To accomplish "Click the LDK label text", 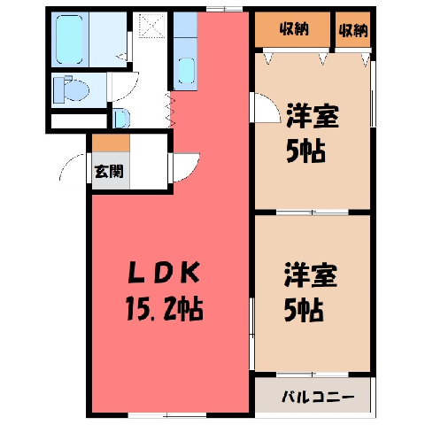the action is pos(163,273).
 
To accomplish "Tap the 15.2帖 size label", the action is pos(164,308).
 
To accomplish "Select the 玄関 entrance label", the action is pos(109,171).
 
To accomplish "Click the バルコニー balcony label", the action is pos(318,397).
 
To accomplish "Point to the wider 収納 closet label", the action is pos(294,29).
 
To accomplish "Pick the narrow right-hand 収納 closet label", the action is pos(353,30).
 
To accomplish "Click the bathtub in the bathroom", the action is pos(69,40).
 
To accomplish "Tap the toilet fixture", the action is pos(71,89).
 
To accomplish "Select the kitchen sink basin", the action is pos(186,71).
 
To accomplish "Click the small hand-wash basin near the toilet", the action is pos(121,118).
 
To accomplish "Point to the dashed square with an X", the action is pos(153,25).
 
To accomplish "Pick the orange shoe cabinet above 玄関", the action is pos(111,143).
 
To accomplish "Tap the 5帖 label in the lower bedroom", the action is pos(304,310).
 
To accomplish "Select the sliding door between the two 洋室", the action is pos(313,212).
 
